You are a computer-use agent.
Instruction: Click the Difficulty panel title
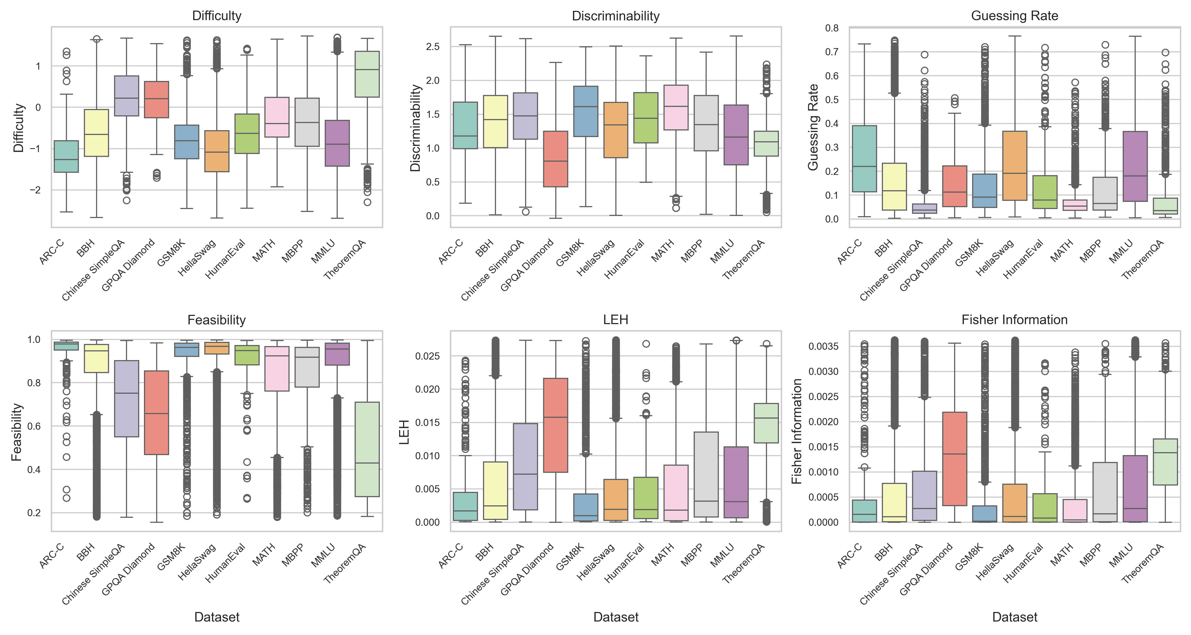[216, 16]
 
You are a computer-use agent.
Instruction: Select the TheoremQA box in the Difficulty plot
[367, 74]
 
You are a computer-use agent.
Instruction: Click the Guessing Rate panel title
[1014, 16]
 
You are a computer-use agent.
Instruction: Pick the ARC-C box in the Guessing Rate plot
[864, 158]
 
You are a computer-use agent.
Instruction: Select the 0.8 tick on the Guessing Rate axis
[832, 28]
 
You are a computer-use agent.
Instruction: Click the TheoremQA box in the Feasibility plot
[367, 449]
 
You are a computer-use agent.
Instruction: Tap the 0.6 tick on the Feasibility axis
[34, 426]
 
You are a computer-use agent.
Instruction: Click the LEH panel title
[615, 320]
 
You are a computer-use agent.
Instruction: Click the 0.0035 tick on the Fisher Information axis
[823, 347]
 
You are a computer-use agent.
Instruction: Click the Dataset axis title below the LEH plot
[615, 617]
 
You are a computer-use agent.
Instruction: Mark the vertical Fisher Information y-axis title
[796, 431]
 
